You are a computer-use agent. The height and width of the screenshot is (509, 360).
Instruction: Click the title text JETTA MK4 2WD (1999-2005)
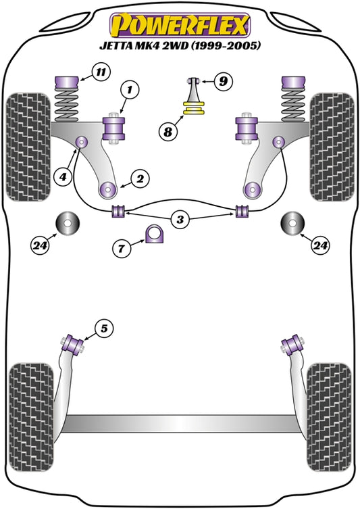coord(180,47)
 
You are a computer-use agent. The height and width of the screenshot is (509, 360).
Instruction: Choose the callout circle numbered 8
coord(168,131)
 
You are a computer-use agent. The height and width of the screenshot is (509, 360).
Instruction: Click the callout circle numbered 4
coord(63,177)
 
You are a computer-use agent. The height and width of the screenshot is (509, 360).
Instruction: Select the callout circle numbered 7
coord(122,248)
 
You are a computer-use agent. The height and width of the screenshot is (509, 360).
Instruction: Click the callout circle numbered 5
coord(104,329)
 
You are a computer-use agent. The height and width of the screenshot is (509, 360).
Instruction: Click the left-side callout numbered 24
coord(41,246)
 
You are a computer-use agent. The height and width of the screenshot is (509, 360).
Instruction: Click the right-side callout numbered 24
coord(321,246)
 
